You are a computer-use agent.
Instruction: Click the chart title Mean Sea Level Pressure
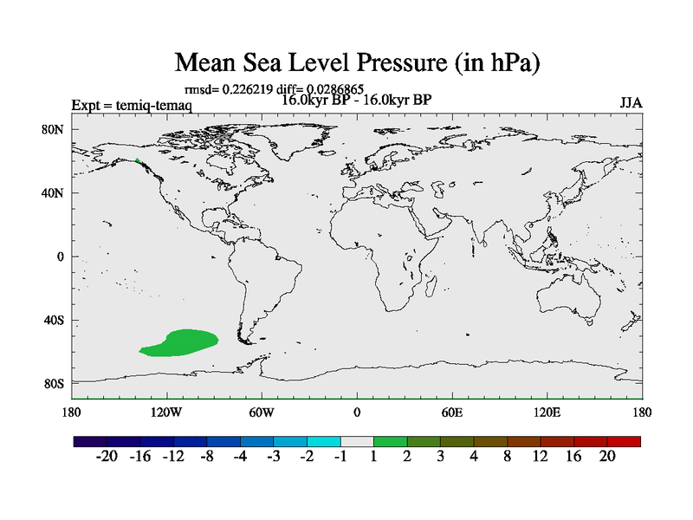(357, 62)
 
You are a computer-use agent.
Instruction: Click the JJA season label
(631, 103)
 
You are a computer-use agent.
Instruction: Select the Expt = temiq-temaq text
(132, 106)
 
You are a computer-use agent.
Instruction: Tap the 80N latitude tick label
(54, 130)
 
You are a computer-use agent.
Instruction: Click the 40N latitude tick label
(54, 193)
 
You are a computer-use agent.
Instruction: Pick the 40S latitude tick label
(54, 321)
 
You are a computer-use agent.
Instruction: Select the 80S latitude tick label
(54, 384)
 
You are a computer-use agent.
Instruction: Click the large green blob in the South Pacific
(182, 343)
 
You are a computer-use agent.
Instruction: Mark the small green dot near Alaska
(137, 160)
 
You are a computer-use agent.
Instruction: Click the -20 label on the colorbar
(107, 457)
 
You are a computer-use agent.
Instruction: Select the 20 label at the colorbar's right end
(606, 457)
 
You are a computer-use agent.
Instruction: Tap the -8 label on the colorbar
(207, 457)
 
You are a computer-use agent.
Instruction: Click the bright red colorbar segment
(623, 441)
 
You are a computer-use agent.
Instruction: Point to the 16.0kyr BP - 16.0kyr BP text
(357, 100)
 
